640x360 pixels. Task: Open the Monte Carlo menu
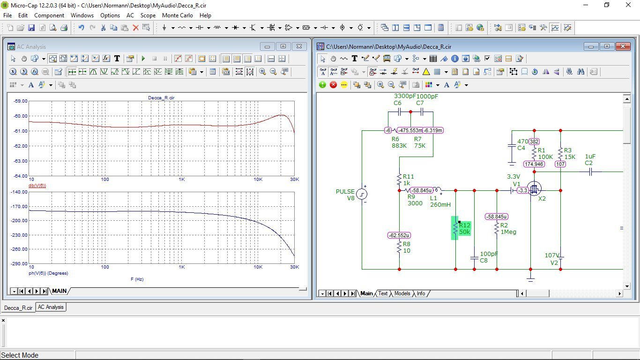178,15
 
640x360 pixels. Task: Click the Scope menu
148,15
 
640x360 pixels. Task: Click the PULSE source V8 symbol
362,194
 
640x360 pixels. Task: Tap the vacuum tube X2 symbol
534,189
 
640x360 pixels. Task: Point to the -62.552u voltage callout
399,235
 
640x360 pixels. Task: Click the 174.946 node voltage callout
534,164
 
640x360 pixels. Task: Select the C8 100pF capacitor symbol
474,258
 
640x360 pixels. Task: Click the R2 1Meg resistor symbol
497,228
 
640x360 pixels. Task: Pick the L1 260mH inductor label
440,201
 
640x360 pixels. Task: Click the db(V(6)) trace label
37,185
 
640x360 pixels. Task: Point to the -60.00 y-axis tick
21,116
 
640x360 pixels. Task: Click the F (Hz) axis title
137,279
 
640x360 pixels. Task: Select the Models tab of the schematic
402,293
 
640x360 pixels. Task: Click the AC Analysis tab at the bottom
51,307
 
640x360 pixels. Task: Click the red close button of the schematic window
623,46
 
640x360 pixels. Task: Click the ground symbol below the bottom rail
530,278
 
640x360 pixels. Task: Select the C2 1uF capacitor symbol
590,172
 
